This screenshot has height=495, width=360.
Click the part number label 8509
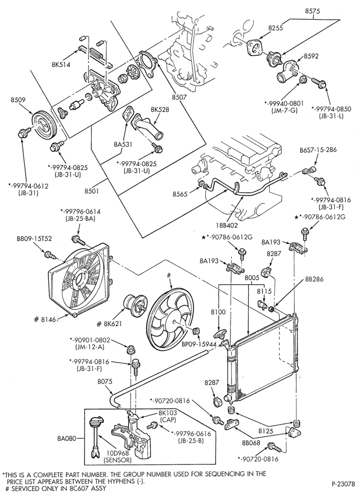click(18, 100)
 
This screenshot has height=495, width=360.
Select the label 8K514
click(61, 64)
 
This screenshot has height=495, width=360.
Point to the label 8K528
click(160, 109)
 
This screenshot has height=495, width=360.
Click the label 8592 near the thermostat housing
click(311, 56)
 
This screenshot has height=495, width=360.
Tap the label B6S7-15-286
click(318, 149)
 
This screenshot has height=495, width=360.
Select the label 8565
click(180, 194)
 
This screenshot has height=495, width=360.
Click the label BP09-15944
click(199, 344)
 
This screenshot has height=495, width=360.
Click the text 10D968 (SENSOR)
click(118, 457)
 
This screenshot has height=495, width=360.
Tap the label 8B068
click(251, 443)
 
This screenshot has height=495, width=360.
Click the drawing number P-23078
click(343, 484)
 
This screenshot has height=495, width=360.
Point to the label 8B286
click(315, 279)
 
